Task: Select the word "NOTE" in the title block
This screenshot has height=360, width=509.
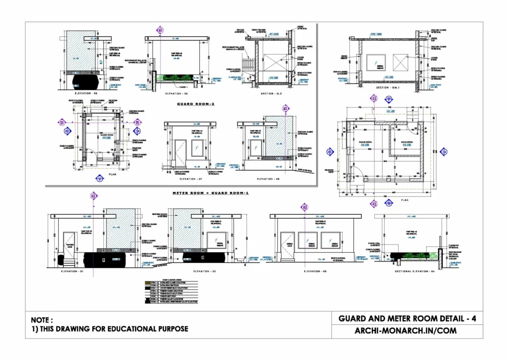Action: click(41, 320)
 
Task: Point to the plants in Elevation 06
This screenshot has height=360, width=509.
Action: click(173, 77)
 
